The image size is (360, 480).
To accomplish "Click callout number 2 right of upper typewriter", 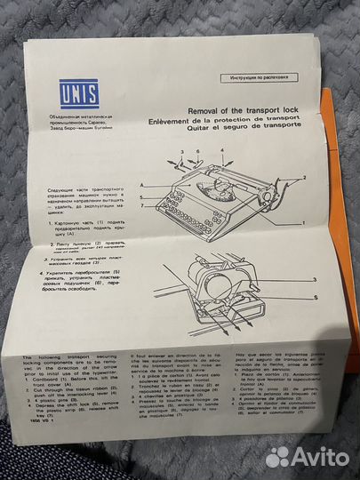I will [x=306, y=177].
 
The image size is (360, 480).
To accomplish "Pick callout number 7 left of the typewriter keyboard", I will [x=141, y=205].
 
